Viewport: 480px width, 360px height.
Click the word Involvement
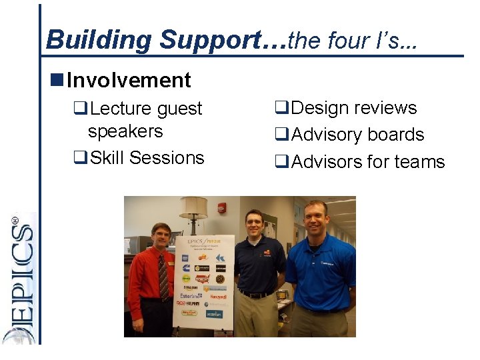pyautogui.click(x=129, y=81)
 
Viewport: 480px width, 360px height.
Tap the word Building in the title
pyautogui.click(x=99, y=40)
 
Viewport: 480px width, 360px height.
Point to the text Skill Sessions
pyautogui.click(x=147, y=158)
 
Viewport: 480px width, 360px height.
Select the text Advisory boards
pyautogui.click(x=357, y=135)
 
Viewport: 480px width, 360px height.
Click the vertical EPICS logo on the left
pyautogui.click(x=21, y=280)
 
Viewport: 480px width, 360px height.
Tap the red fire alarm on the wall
pyautogui.click(x=221, y=208)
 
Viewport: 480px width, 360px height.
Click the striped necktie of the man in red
pyautogui.click(x=163, y=277)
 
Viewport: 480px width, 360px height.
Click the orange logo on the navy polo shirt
pyautogui.click(x=266, y=253)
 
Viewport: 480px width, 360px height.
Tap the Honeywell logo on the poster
pyautogui.click(x=219, y=296)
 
